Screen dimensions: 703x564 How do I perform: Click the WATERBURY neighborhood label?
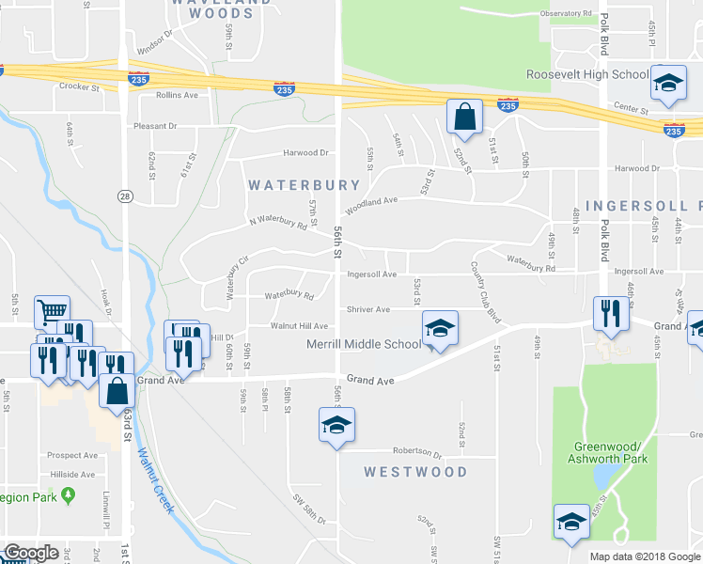tap(304, 186)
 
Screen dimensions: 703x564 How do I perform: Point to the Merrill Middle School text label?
tap(364, 345)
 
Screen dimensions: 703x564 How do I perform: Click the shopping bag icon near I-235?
tap(464, 117)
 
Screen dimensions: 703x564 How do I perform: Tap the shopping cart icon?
tap(52, 311)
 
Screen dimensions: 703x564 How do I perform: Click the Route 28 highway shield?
tap(124, 196)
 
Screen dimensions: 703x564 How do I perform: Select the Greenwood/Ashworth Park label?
tap(604, 452)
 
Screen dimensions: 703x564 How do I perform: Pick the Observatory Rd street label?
tap(566, 14)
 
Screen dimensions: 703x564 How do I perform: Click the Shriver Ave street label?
tap(368, 309)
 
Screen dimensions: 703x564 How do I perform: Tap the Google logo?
tap(31, 553)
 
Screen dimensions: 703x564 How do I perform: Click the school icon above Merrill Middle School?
tap(440, 328)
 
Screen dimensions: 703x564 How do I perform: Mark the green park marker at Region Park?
tap(67, 494)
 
